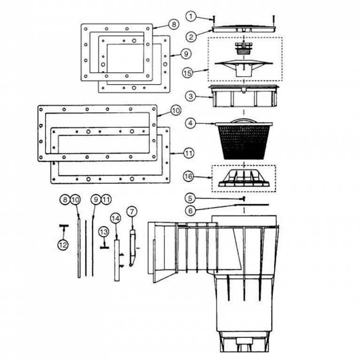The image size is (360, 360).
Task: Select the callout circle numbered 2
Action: pyautogui.click(x=190, y=35)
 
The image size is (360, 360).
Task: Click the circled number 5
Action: pyautogui.click(x=190, y=198)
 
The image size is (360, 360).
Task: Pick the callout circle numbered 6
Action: pyautogui.click(x=190, y=210)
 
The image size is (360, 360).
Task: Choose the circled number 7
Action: pyautogui.click(x=132, y=211)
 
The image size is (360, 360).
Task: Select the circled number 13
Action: pyautogui.click(x=103, y=232)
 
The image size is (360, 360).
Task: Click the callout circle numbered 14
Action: pyautogui.click(x=115, y=218)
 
